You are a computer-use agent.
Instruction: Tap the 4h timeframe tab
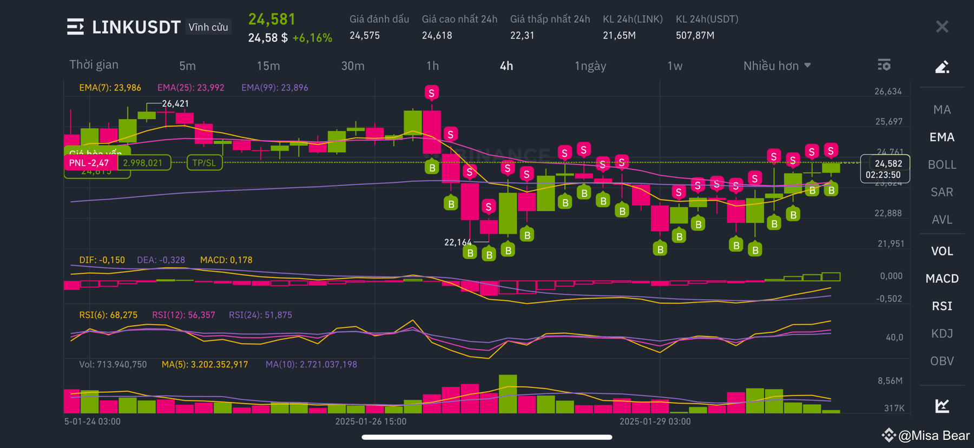pyautogui.click(x=506, y=66)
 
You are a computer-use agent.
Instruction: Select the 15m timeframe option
pyautogui.click(x=268, y=66)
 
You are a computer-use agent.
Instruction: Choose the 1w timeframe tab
pyautogui.click(x=674, y=66)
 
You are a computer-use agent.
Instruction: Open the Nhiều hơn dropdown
pyautogui.click(x=776, y=66)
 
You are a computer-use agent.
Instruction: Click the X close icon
pyautogui.click(x=942, y=27)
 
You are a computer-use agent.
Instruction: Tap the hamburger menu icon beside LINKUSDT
pyautogui.click(x=75, y=27)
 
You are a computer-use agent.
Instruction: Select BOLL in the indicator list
pyautogui.click(x=942, y=164)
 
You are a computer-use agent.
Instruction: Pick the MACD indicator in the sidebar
pyautogui.click(x=942, y=278)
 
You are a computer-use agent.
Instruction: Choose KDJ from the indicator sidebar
pyautogui.click(x=942, y=333)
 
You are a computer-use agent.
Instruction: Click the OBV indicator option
pyautogui.click(x=942, y=361)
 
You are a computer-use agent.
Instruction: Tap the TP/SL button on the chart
pyautogui.click(x=204, y=163)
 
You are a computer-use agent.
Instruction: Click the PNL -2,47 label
pyautogui.click(x=89, y=163)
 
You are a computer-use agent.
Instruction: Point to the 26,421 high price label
pyautogui.click(x=175, y=103)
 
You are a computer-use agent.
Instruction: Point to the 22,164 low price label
pyautogui.click(x=457, y=242)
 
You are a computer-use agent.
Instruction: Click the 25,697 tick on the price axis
pyautogui.click(x=889, y=122)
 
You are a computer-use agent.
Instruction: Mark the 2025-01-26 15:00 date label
pyautogui.click(x=371, y=421)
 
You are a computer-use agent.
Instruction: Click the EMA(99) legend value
pyautogui.click(x=275, y=88)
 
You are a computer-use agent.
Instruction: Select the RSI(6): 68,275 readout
pyautogui.click(x=108, y=315)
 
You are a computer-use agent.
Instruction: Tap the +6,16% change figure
pyautogui.click(x=312, y=38)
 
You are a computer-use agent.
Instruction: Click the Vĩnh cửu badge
pyautogui.click(x=208, y=27)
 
